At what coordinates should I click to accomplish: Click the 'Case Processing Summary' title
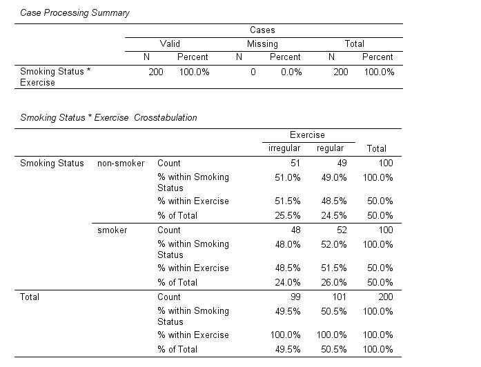click(75, 13)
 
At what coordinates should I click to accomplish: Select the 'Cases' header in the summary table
click(262, 30)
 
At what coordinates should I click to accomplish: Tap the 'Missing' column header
click(262, 43)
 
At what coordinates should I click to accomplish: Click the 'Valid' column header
click(170, 43)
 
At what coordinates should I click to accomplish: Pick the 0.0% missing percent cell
click(291, 72)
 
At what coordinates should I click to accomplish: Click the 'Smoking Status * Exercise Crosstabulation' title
click(108, 117)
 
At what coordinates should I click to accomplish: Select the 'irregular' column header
click(284, 148)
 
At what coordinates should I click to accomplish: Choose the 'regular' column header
click(330, 148)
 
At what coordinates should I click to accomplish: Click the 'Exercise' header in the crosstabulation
click(307, 135)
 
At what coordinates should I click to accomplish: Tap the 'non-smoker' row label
click(121, 163)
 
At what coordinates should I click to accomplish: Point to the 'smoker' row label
click(113, 230)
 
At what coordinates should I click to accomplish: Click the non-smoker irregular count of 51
click(295, 163)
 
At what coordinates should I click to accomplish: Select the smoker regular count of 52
click(341, 230)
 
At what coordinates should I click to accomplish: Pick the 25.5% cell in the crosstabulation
click(288, 215)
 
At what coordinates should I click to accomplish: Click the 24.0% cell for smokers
click(288, 282)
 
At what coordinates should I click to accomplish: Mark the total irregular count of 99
click(295, 297)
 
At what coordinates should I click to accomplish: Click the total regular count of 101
click(339, 297)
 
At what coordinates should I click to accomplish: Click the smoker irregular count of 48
click(295, 230)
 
